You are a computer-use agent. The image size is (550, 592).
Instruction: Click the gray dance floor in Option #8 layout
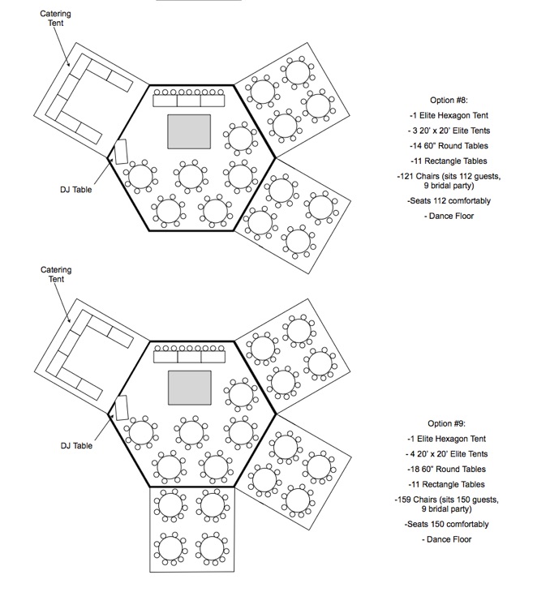[189, 131]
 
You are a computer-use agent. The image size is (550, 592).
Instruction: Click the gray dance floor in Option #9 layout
[190, 388]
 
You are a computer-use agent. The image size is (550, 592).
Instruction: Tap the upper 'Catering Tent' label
[55, 18]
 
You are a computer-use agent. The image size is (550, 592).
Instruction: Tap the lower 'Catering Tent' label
[56, 274]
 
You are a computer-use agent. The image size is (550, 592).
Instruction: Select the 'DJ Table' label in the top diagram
[76, 190]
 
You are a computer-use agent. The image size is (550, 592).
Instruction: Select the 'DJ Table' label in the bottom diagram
[76, 446]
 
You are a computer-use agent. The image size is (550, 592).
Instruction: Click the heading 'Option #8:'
[449, 100]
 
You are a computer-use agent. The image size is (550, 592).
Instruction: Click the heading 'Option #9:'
[446, 423]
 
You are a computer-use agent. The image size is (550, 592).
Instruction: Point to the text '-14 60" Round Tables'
[449, 146]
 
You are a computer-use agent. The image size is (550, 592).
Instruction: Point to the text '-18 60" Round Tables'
[446, 470]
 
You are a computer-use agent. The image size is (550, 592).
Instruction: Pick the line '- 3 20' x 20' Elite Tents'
[449, 131]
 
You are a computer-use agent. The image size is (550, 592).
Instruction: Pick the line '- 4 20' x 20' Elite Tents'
[446, 454]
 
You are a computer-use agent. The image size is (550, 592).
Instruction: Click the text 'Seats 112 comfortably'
[450, 201]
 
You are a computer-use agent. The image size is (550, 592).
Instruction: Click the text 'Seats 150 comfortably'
[448, 525]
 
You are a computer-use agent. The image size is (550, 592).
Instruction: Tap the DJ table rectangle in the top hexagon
[121, 152]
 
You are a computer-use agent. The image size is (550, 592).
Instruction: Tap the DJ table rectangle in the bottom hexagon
[121, 408]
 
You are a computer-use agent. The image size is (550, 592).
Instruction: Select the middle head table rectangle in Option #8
[189, 101]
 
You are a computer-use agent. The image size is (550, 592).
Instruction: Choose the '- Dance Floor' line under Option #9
[446, 539]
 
